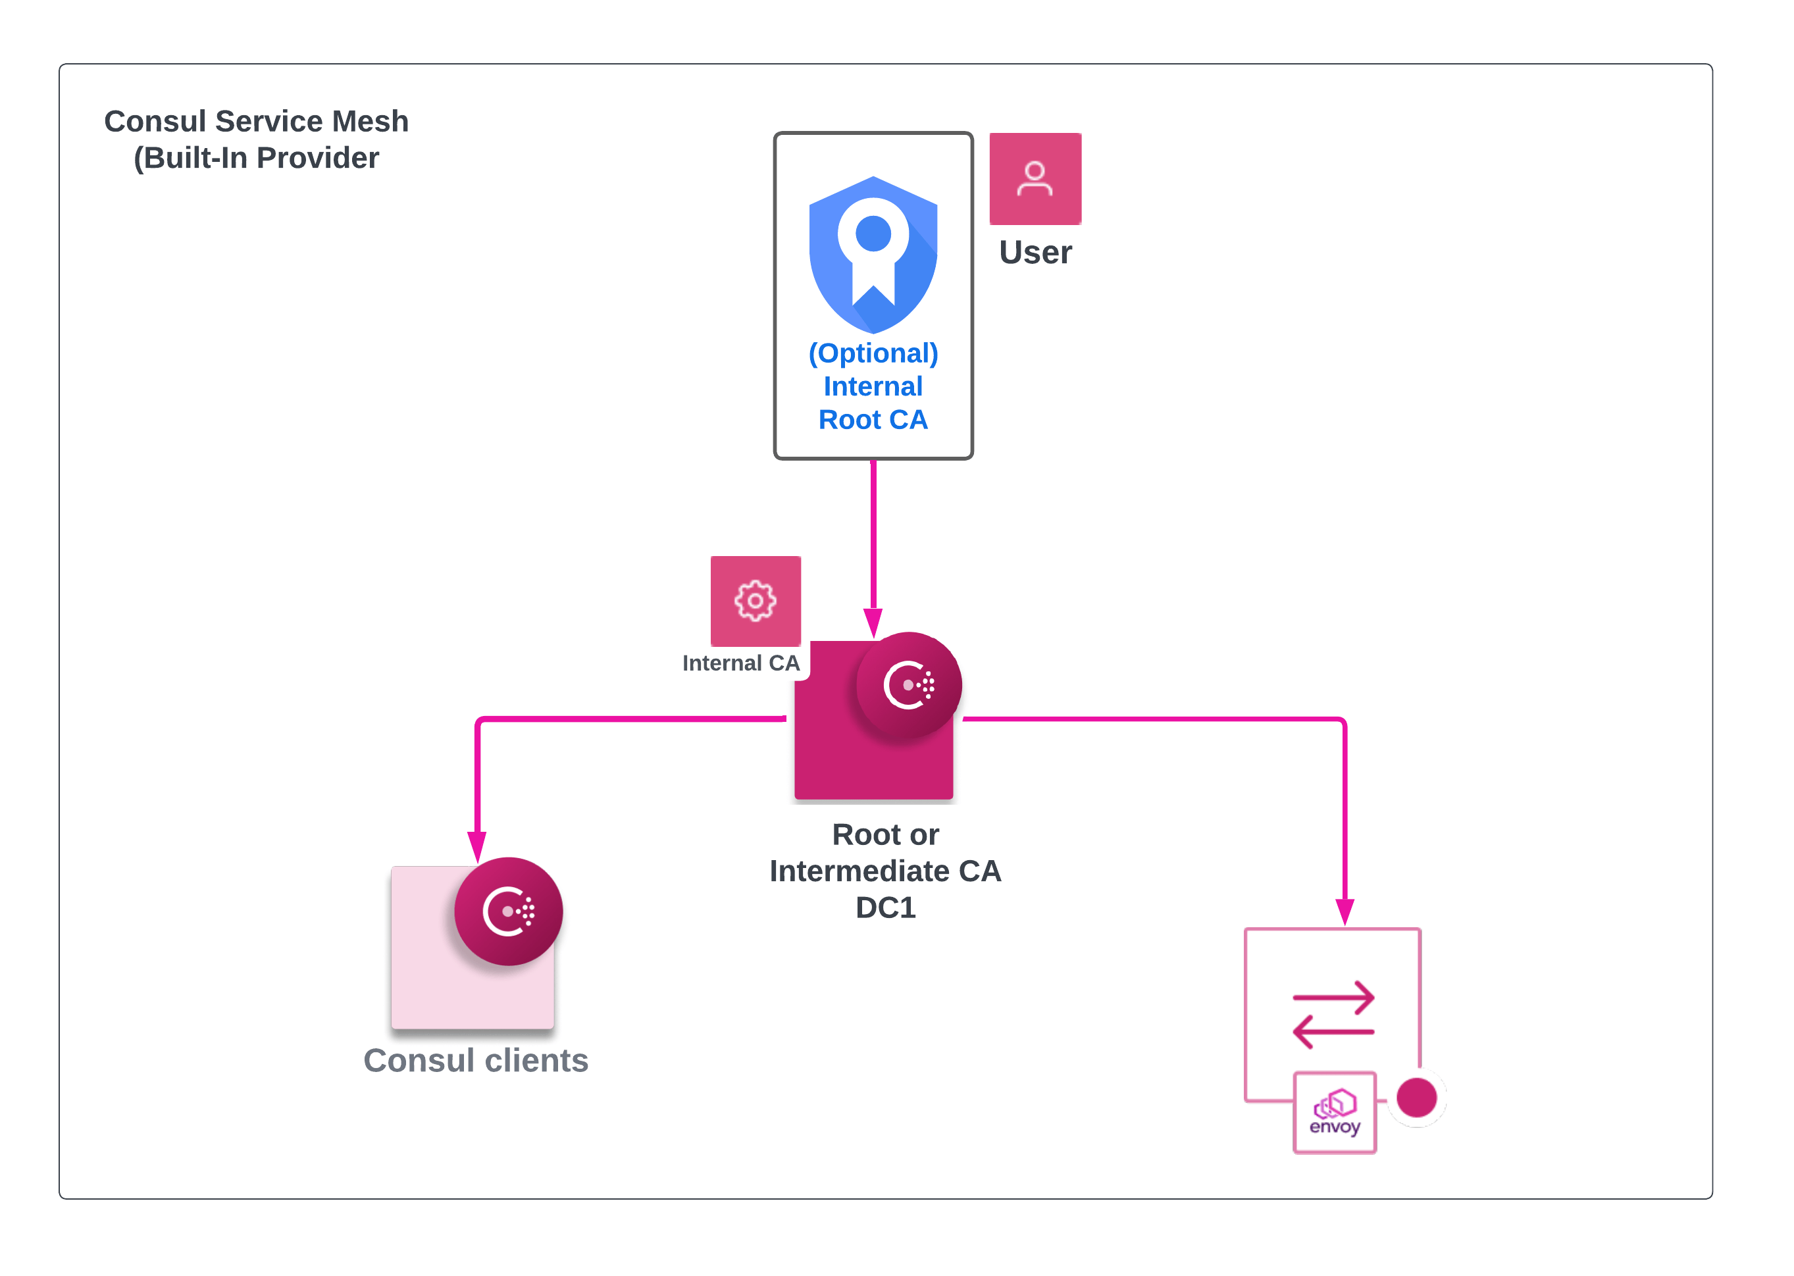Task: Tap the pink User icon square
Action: (x=1035, y=179)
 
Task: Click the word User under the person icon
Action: (x=1035, y=252)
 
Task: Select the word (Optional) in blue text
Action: (x=873, y=353)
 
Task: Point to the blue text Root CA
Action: (x=873, y=420)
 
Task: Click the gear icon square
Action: (x=755, y=601)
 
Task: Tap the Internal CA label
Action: (x=740, y=663)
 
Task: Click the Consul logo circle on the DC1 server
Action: (x=908, y=685)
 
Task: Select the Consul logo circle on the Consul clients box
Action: (x=509, y=911)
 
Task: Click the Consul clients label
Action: (x=475, y=1061)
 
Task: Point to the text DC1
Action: (x=886, y=907)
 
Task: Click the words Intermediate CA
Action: (x=886, y=871)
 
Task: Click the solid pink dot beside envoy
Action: (x=1417, y=1098)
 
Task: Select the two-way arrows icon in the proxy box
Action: (x=1333, y=1014)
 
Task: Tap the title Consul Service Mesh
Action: (x=256, y=122)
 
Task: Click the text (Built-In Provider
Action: (x=256, y=158)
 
